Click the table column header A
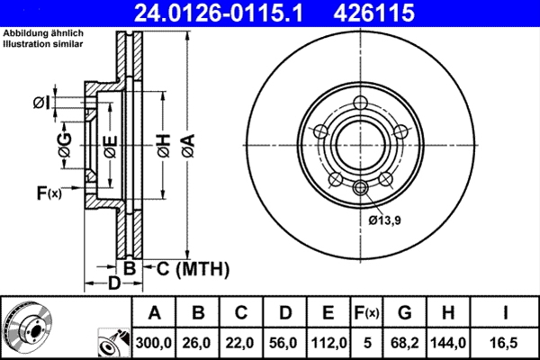point(155,313)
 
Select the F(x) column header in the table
point(366,313)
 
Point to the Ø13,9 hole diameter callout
point(384,217)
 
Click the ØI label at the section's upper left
point(40,102)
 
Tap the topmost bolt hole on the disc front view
point(361,103)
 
